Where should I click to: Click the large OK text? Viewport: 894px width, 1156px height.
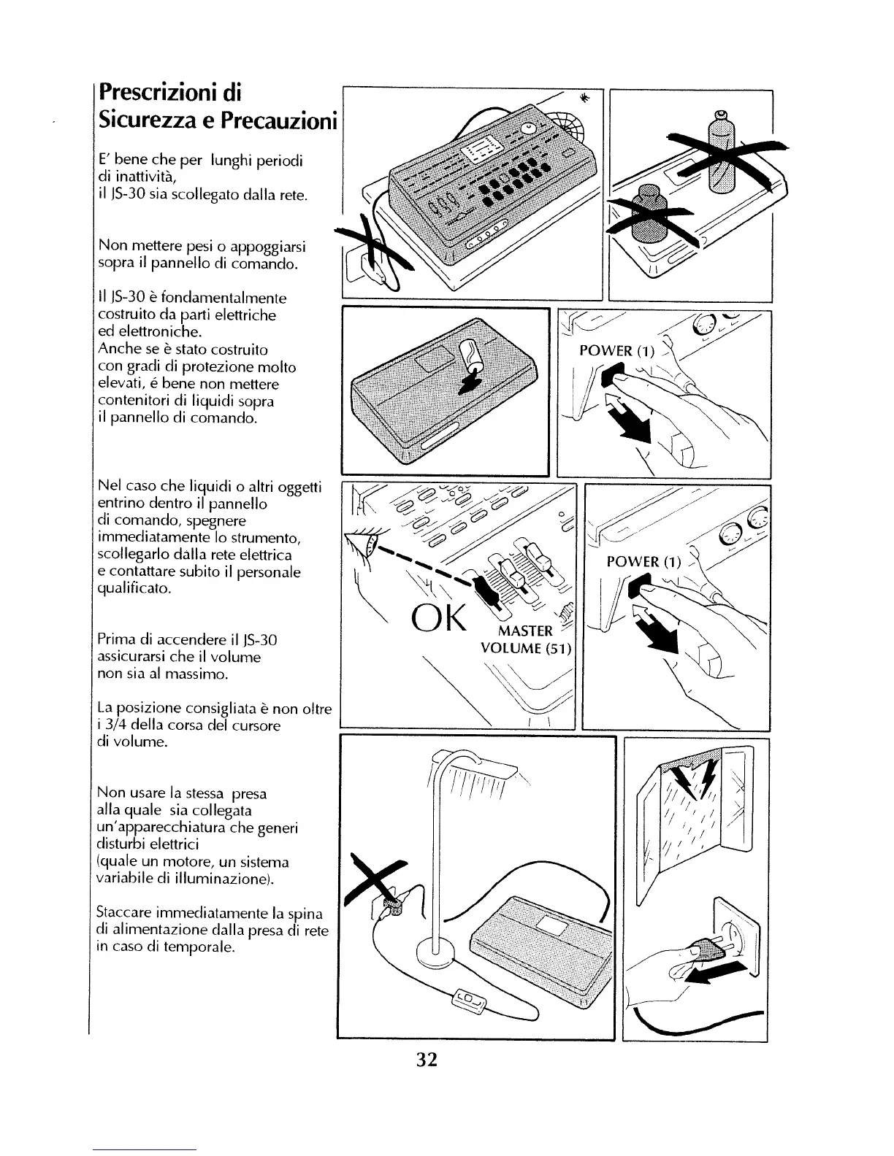438,620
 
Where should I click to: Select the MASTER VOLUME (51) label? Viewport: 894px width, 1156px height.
526,640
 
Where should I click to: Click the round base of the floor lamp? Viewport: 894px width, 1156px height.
435,951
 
